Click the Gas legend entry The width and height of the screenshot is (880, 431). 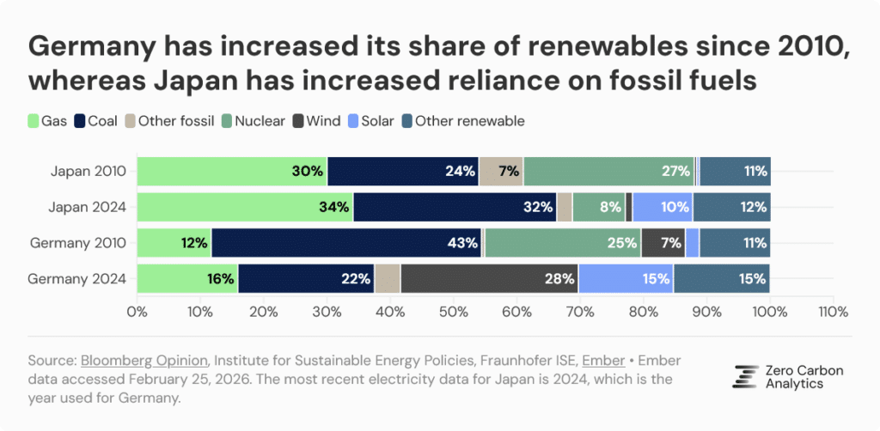click(48, 121)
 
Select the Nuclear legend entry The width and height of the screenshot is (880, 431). click(254, 121)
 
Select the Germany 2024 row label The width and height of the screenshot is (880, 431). click(77, 278)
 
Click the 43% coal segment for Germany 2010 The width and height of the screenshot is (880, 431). click(346, 243)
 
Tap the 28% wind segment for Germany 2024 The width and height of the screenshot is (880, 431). click(488, 278)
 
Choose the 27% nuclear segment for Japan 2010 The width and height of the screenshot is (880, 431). click(608, 171)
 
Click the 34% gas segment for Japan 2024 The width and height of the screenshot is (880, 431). click(245, 207)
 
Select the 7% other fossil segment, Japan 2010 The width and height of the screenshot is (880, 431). click(501, 171)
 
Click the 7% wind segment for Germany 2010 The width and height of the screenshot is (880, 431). click(663, 243)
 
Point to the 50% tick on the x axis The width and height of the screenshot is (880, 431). click(454, 312)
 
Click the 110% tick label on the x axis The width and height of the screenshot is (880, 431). click(833, 312)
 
